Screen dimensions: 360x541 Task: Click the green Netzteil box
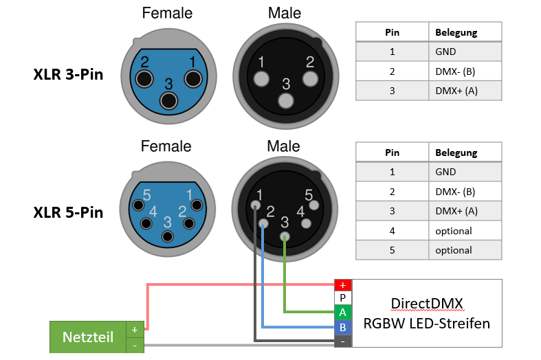click(87, 337)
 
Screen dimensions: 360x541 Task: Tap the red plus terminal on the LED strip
click(343, 285)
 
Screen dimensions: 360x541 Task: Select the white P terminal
click(343, 298)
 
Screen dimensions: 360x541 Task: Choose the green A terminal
click(343, 312)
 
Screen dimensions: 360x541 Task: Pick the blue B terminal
click(343, 326)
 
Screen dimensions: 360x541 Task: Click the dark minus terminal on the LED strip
click(343, 339)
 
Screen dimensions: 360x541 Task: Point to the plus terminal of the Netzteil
click(135, 330)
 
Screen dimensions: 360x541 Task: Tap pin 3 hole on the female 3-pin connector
click(168, 102)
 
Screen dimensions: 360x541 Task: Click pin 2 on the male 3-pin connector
click(311, 78)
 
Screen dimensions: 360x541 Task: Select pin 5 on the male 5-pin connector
click(313, 204)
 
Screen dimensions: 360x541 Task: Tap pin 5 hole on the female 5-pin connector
click(139, 205)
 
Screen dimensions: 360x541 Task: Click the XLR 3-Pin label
click(68, 74)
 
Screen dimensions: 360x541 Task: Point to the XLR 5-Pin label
click(68, 212)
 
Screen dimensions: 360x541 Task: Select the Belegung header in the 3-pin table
click(456, 32)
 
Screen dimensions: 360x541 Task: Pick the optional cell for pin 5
click(454, 250)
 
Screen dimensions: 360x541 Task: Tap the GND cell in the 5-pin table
click(445, 172)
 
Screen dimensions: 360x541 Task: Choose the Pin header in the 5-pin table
click(392, 153)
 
